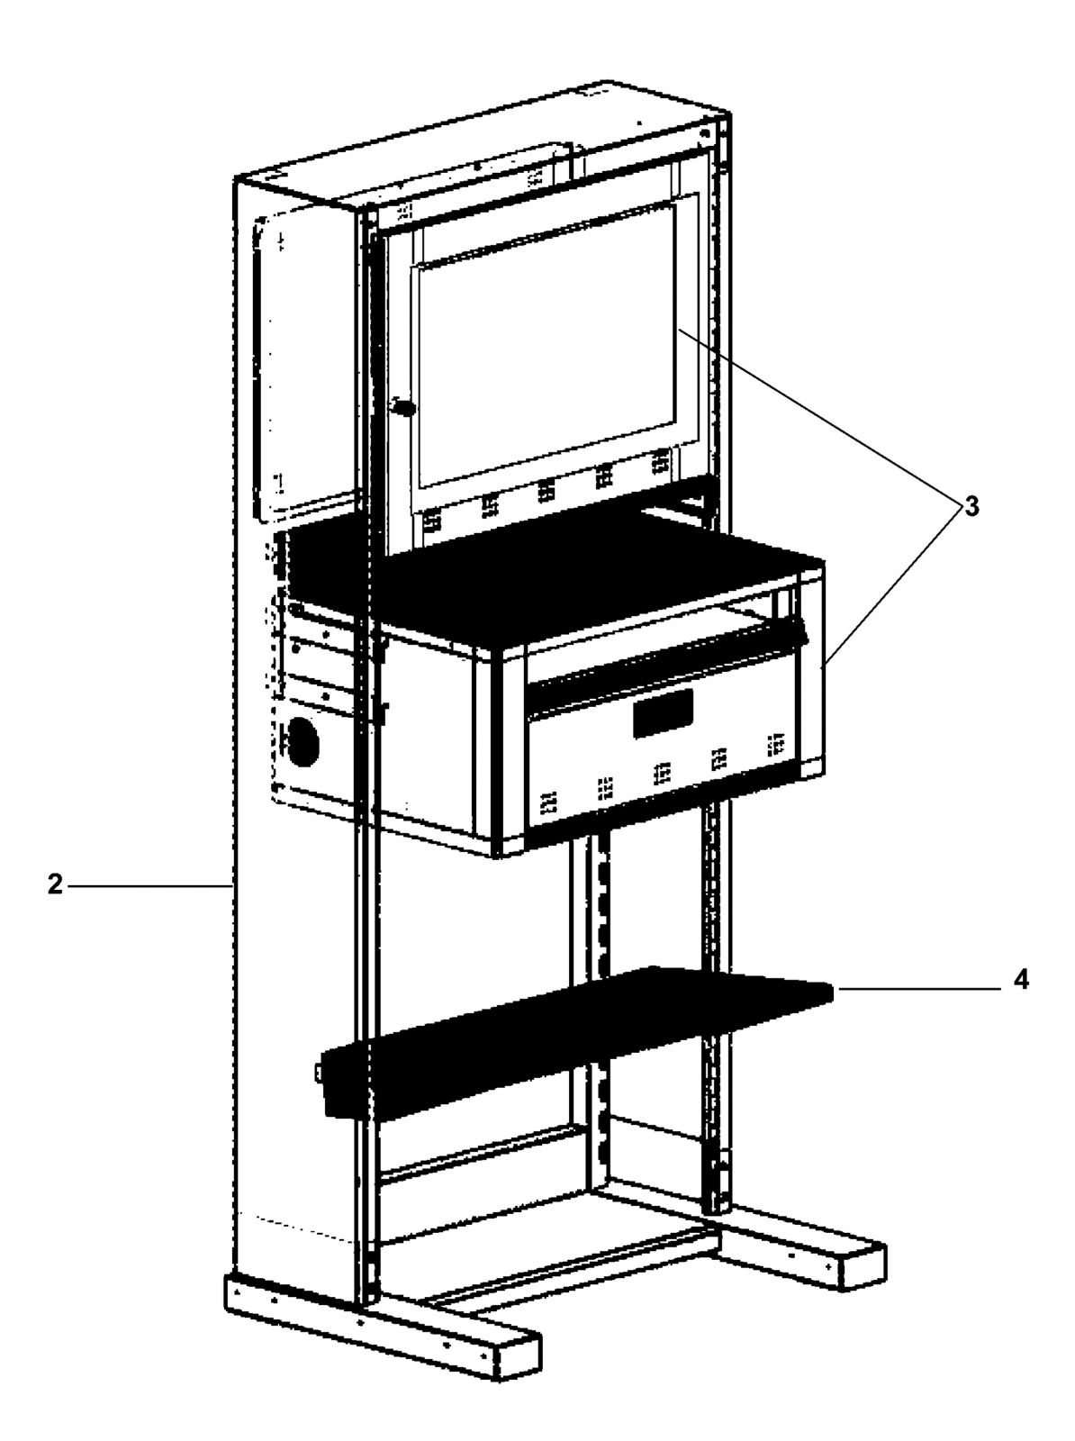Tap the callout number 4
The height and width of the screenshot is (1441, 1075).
(x=1020, y=999)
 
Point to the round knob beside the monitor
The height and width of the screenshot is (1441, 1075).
(x=402, y=408)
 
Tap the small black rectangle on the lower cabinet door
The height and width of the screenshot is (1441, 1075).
(x=662, y=713)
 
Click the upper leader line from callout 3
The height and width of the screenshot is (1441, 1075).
(x=819, y=418)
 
